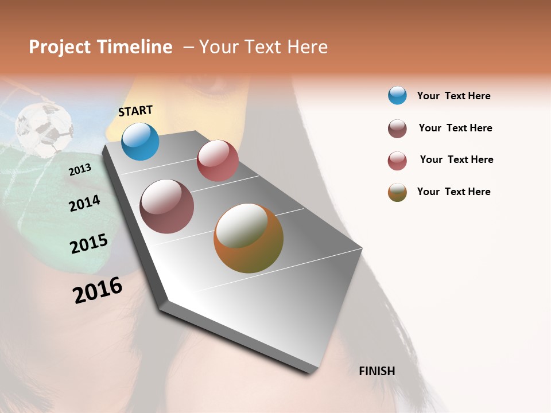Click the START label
[x=135, y=111]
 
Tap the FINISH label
[x=377, y=371]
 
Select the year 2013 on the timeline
[x=80, y=170]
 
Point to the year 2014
[x=84, y=203]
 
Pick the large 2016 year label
[x=98, y=290]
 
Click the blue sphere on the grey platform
[x=140, y=142]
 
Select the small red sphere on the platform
[x=218, y=161]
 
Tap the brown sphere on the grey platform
[x=166, y=206]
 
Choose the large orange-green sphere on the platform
[x=249, y=238]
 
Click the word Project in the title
[x=60, y=47]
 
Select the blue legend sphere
[x=397, y=95]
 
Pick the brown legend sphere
[x=397, y=128]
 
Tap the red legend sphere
[x=397, y=161]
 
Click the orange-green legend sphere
[x=397, y=192]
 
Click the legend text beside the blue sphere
[x=453, y=96]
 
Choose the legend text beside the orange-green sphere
[x=453, y=192]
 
